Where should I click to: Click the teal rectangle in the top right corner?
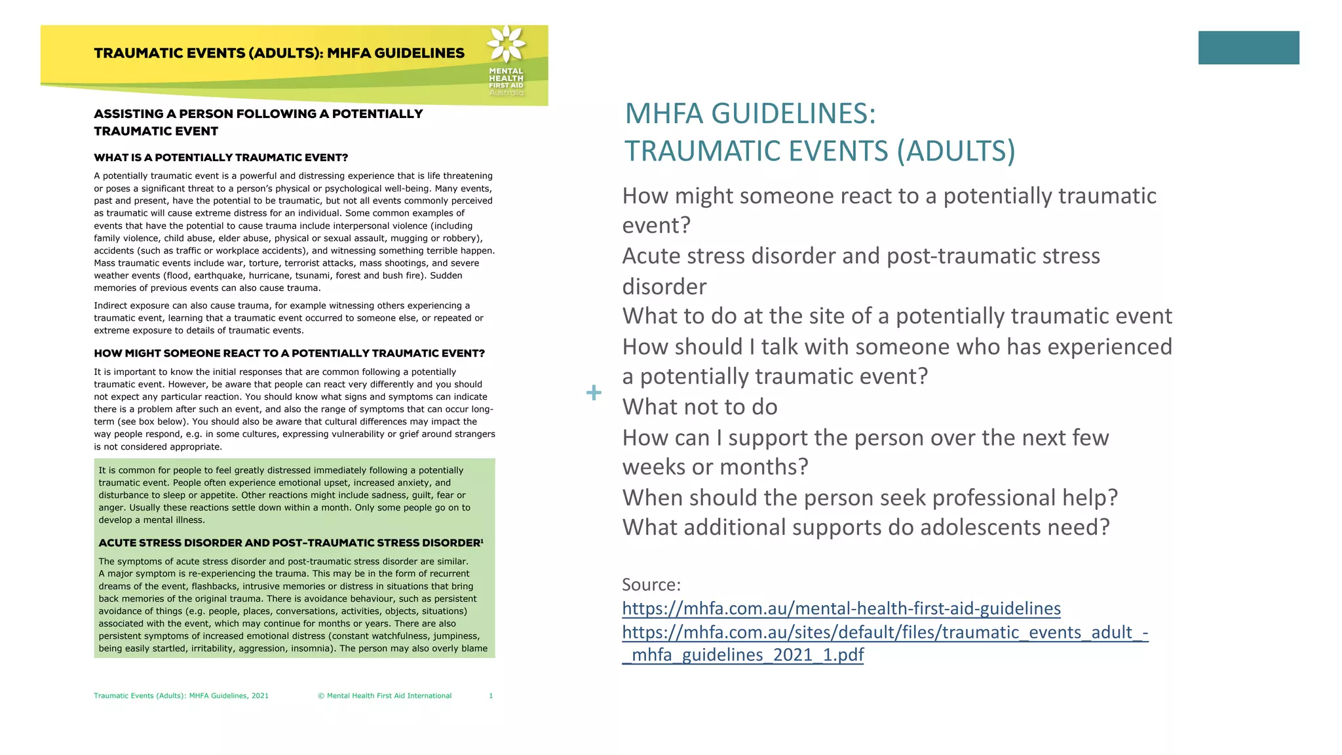pyautogui.click(x=1248, y=48)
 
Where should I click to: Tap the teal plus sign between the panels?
pyautogui.click(x=594, y=393)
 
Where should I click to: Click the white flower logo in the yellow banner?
pyautogui.click(x=506, y=44)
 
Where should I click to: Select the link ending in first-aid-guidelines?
pyautogui.click(x=841, y=608)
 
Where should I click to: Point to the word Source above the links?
pyautogui.click(x=651, y=584)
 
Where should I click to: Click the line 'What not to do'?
pyautogui.click(x=699, y=407)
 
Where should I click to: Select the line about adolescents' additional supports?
pyautogui.click(x=866, y=527)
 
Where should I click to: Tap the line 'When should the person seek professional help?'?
pyautogui.click(x=870, y=497)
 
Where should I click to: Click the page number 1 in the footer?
pyautogui.click(x=491, y=696)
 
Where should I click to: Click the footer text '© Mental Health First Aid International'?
pyautogui.click(x=385, y=696)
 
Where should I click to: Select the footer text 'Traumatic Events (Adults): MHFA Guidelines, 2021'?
pyautogui.click(x=181, y=696)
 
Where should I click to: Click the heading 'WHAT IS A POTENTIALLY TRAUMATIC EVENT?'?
pyautogui.click(x=221, y=157)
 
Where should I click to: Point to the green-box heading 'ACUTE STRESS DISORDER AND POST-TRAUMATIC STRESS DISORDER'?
pyautogui.click(x=290, y=543)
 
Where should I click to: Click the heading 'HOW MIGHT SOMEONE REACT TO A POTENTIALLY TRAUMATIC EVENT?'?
pyautogui.click(x=289, y=353)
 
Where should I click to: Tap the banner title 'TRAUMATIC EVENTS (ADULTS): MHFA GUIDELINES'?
pyautogui.click(x=279, y=53)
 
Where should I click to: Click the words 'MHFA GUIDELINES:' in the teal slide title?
pyautogui.click(x=750, y=113)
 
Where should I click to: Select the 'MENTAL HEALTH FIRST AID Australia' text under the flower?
pyautogui.click(x=506, y=82)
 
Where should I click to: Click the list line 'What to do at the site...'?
pyautogui.click(x=896, y=316)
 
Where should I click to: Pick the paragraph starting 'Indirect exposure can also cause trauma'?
pyautogui.click(x=288, y=318)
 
